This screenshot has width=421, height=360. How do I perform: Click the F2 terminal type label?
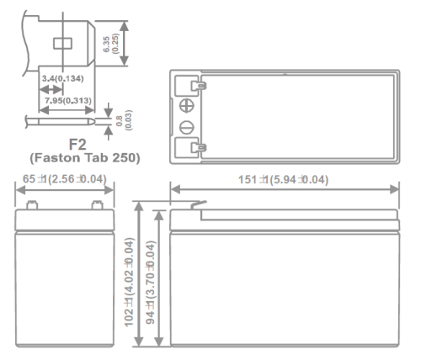pyautogui.click(x=77, y=145)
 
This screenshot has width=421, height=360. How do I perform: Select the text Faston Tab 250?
pyautogui.click(x=85, y=157)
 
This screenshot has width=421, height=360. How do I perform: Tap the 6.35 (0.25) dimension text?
pyautogui.click(x=111, y=44)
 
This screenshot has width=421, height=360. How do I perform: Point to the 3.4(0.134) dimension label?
pyautogui.click(x=63, y=78)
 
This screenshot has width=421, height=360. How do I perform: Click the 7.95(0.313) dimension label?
pyautogui.click(x=68, y=100)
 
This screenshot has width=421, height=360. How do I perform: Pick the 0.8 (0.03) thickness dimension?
pyautogui.click(x=124, y=120)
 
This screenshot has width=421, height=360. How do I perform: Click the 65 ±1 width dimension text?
pyautogui.click(x=65, y=179)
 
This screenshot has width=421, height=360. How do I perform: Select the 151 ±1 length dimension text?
pyautogui.click(x=283, y=180)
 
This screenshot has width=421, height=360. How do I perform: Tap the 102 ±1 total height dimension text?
pyautogui.click(x=129, y=283)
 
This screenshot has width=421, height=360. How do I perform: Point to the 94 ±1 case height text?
pyautogui.click(x=151, y=283)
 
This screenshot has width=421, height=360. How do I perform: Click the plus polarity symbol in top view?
pyautogui.click(x=187, y=106)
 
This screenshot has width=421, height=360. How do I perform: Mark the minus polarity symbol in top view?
pyautogui.click(x=187, y=128)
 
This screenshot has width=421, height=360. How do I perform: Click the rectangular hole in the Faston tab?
pyautogui.click(x=62, y=44)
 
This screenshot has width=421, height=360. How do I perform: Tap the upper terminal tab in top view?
pyautogui.click(x=199, y=85)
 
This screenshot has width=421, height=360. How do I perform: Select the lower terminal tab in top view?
pyautogui.click(x=199, y=147)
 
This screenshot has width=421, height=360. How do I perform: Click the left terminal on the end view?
pyautogui.click(x=32, y=205)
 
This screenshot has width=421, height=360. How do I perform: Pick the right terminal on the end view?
pyautogui.click(x=98, y=205)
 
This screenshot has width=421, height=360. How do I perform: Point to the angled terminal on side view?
pyautogui.click(x=199, y=205)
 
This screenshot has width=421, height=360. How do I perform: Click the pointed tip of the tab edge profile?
pyautogui.click(x=94, y=122)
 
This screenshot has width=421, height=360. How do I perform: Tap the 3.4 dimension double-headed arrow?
pyautogui.click(x=51, y=90)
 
